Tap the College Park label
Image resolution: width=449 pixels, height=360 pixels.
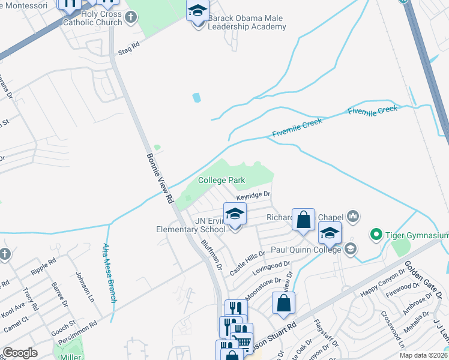[221, 180]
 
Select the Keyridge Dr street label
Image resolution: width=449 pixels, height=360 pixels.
[253, 196]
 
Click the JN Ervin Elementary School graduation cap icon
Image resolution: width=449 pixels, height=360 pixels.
[235, 214]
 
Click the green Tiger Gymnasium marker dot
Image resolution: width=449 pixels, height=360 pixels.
[377, 233]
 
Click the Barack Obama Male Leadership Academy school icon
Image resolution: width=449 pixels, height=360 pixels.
[197, 11]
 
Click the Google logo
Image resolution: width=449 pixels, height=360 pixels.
[20, 353]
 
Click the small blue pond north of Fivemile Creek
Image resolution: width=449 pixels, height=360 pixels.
[196, 97]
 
